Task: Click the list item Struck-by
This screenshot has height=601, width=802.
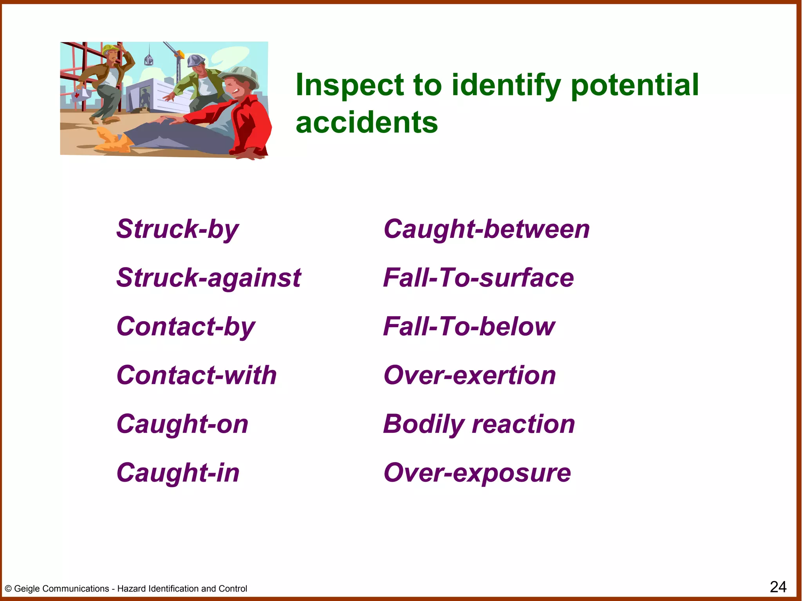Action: (x=177, y=229)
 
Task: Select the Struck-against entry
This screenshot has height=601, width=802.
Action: (x=209, y=278)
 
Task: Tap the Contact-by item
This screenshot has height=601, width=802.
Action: (x=186, y=327)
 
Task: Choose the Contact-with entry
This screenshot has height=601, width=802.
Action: (x=197, y=375)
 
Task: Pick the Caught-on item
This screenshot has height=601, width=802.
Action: (x=182, y=424)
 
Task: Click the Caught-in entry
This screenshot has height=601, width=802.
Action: (x=178, y=473)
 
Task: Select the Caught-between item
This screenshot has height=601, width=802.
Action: (x=486, y=229)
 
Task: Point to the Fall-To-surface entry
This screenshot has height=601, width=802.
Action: (x=479, y=278)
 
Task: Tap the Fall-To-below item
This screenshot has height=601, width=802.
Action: (x=469, y=327)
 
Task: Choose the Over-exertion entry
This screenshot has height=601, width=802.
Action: (x=470, y=375)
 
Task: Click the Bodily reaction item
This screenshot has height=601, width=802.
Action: (x=479, y=424)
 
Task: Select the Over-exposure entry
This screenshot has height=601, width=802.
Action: (x=477, y=473)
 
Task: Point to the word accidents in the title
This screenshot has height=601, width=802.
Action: (x=367, y=122)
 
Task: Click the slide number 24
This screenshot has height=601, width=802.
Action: (x=778, y=587)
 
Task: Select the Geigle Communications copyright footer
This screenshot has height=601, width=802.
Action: (x=126, y=588)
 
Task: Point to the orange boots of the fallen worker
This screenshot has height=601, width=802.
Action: (x=114, y=140)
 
